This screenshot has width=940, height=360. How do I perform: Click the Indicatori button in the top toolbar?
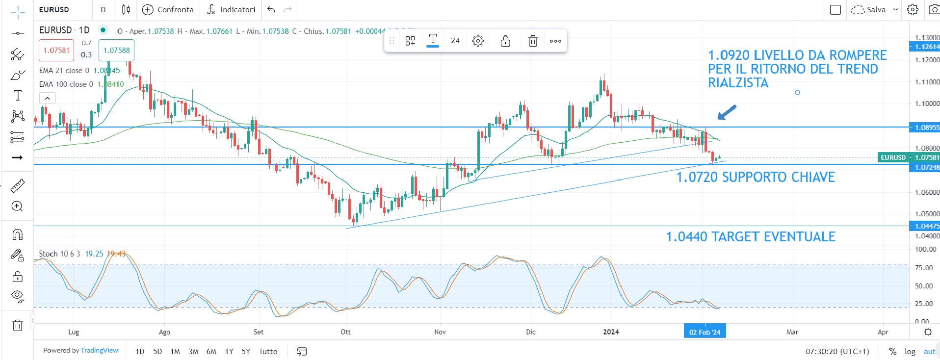click(x=231, y=9)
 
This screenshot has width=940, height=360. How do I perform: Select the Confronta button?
click(x=168, y=9)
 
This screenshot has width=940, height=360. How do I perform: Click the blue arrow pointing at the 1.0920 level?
click(x=727, y=112)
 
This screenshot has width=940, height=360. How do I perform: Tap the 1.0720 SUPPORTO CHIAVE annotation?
click(x=755, y=177)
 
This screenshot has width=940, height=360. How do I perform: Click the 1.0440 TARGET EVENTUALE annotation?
click(x=750, y=236)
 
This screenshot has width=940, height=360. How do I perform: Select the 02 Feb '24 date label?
click(x=705, y=332)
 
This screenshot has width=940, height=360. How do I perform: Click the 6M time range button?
click(x=211, y=351)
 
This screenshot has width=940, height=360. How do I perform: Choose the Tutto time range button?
click(x=268, y=351)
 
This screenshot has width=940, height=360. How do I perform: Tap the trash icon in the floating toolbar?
click(x=533, y=41)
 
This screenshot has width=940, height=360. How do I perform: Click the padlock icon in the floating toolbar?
click(x=505, y=41)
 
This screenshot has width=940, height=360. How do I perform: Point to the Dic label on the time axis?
click(x=530, y=332)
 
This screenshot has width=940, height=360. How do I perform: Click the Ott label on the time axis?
click(x=346, y=332)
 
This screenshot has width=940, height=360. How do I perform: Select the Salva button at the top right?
click(x=875, y=9)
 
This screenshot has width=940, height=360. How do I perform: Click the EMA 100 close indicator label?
click(x=66, y=84)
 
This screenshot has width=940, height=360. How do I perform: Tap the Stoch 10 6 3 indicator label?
click(x=59, y=254)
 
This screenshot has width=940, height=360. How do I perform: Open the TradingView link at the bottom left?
click(x=100, y=350)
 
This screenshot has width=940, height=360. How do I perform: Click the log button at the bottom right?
click(x=910, y=351)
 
